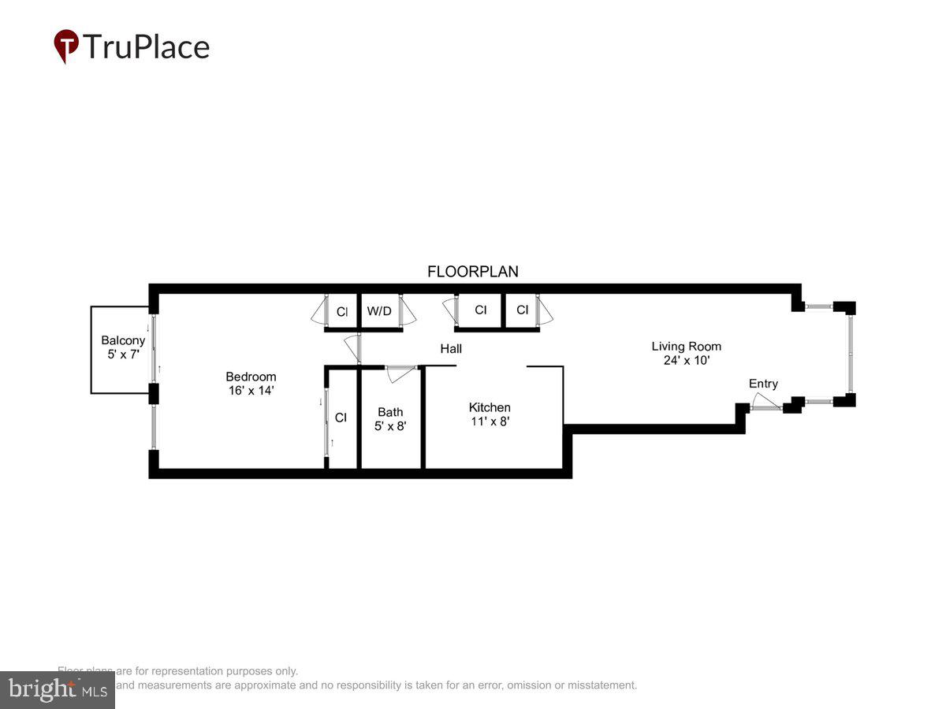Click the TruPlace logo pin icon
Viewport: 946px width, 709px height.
click(66, 46)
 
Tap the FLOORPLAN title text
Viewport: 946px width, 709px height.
click(473, 272)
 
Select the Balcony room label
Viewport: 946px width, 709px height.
click(123, 340)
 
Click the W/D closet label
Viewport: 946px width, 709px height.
click(379, 311)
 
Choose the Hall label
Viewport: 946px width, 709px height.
click(451, 348)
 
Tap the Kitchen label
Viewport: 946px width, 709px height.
click(490, 407)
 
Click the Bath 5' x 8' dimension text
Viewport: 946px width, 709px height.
click(390, 425)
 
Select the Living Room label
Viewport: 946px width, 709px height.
click(686, 346)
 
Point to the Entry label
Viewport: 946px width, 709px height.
click(763, 384)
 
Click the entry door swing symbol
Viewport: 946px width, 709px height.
click(764, 403)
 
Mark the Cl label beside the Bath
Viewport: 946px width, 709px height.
click(341, 418)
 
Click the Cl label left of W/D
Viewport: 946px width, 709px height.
click(342, 312)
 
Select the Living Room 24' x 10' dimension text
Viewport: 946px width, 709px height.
click(686, 360)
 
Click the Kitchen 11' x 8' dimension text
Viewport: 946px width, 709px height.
click(490, 421)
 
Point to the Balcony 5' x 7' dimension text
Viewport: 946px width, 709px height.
click(123, 354)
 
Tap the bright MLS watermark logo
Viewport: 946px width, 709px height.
click(57, 690)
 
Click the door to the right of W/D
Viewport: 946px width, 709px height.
click(407, 310)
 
